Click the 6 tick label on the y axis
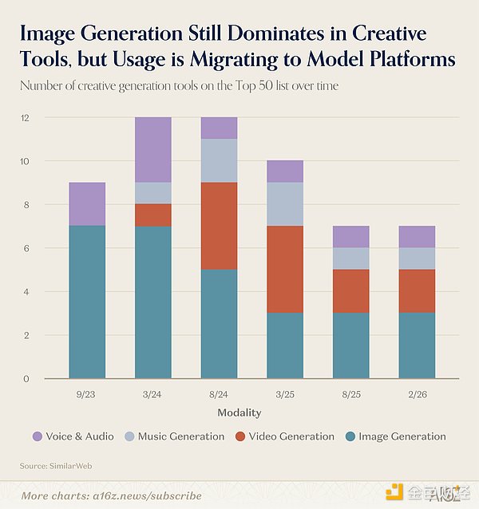[26, 248]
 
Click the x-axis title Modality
[239, 413]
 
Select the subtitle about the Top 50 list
[180, 85]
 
